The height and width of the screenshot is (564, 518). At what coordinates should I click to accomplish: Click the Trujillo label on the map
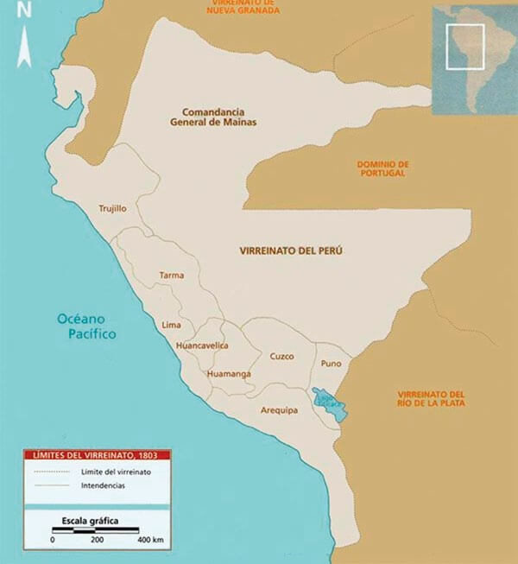(x=112, y=208)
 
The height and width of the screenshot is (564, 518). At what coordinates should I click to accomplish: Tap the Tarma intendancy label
(x=171, y=276)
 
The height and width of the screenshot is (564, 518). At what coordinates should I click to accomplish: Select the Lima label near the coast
(x=171, y=324)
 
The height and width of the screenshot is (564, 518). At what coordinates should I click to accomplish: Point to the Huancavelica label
(x=201, y=345)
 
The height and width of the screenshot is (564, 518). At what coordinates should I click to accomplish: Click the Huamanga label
(x=229, y=373)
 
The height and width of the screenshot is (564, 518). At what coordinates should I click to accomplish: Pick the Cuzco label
(x=281, y=356)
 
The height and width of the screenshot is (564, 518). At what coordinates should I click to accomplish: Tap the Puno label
(x=332, y=364)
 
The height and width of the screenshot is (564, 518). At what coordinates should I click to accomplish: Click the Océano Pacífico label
(x=86, y=325)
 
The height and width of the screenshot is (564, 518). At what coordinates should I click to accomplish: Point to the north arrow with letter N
(x=24, y=35)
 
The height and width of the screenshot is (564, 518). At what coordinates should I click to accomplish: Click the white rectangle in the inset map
(x=464, y=46)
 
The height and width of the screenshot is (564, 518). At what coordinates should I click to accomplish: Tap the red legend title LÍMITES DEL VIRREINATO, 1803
(x=96, y=454)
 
